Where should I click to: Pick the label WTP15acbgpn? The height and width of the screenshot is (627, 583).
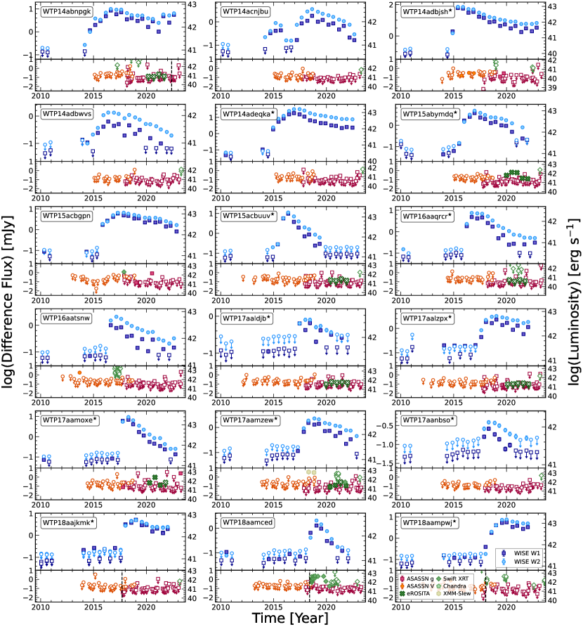pyautogui.click(x=66, y=215)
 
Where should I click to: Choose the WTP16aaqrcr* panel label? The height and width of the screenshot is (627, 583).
pyautogui.click(x=426, y=215)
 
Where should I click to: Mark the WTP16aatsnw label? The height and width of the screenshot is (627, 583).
pyautogui.click(x=67, y=318)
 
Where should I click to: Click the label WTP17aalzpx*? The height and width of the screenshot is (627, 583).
pyautogui.click(x=426, y=318)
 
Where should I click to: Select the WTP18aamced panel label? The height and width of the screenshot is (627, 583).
pyautogui.click(x=247, y=522)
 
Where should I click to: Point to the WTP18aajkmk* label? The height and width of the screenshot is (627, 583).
pyautogui.click(x=68, y=522)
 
